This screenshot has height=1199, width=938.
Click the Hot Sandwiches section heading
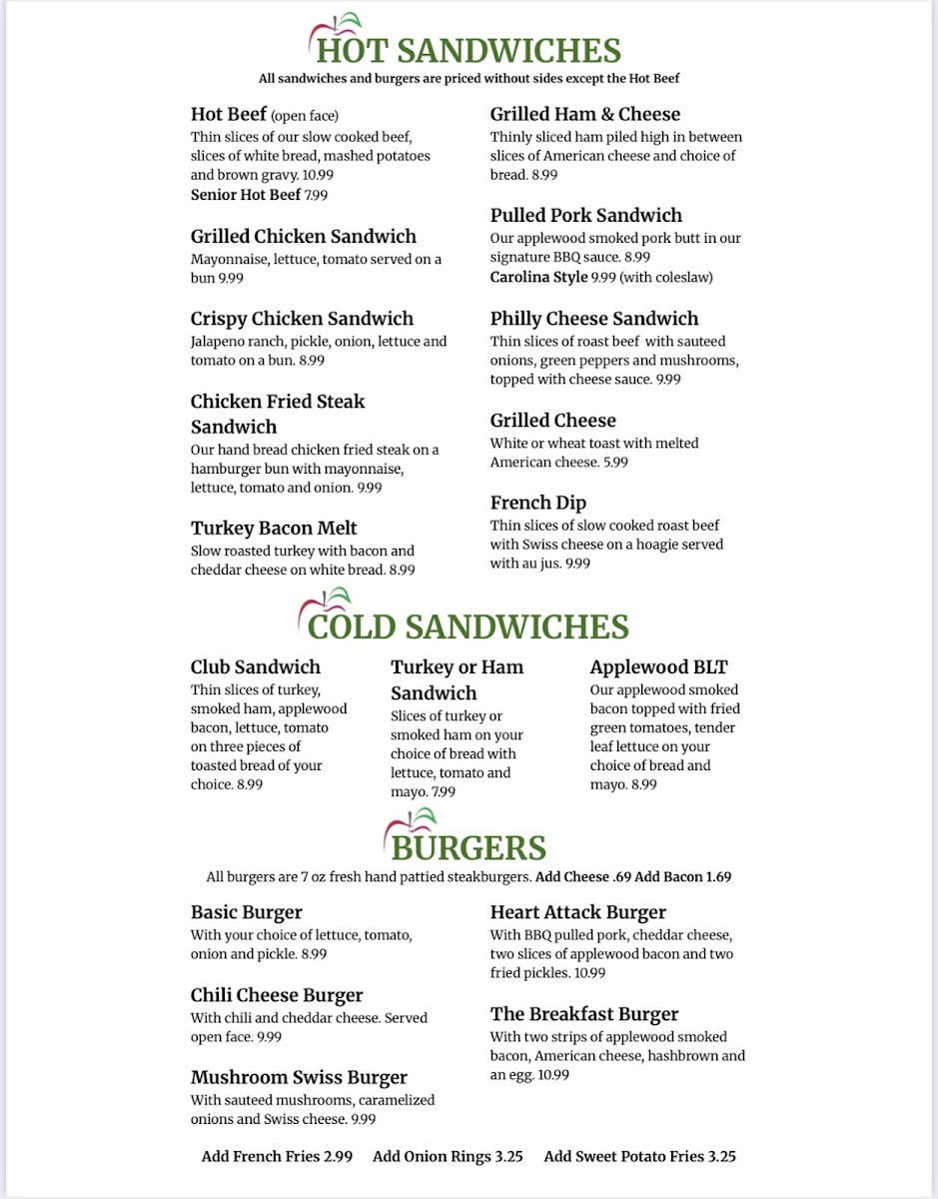(x=469, y=50)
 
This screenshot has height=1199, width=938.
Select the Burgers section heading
(x=469, y=847)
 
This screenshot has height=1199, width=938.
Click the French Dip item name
(x=537, y=503)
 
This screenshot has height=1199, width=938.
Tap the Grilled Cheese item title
(x=552, y=421)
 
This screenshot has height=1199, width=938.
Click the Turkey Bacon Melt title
(x=274, y=528)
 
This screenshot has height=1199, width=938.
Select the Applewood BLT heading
(x=659, y=667)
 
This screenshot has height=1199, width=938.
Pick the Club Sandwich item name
(x=256, y=667)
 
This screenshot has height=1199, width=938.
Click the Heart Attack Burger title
(x=577, y=912)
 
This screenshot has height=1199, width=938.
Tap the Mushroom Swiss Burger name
(x=299, y=1077)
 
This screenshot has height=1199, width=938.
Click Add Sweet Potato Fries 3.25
(x=639, y=1156)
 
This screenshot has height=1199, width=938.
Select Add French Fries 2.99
(x=277, y=1156)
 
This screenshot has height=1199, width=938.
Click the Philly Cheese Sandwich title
(x=594, y=319)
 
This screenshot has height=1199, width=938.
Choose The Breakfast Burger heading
(x=584, y=1014)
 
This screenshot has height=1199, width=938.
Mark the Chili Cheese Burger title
(x=277, y=995)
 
